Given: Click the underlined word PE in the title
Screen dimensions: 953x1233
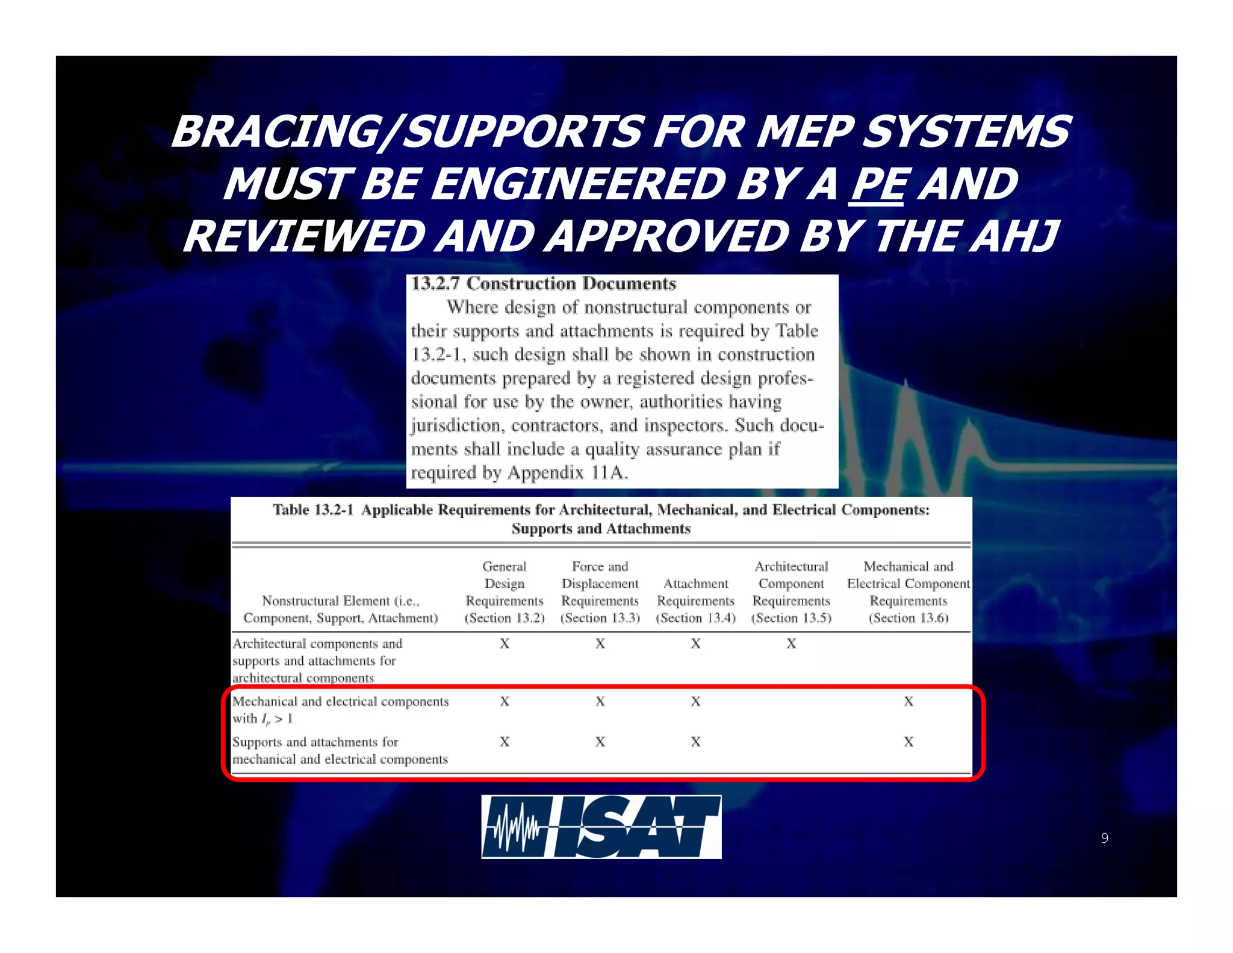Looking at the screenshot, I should [x=876, y=184].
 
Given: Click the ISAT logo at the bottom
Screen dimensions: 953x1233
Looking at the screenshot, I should [x=601, y=826].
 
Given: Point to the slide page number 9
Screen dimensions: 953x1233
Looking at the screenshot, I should [x=1104, y=838].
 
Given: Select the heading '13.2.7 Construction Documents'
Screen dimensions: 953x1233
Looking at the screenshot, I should [x=543, y=284].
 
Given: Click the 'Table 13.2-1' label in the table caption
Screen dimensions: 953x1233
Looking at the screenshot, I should [x=312, y=510].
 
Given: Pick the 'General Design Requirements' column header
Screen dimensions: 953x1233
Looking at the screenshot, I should [x=505, y=592].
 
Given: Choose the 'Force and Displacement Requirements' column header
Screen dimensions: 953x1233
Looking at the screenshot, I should [x=600, y=592].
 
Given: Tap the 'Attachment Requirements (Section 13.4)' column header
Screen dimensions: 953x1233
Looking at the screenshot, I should [x=695, y=601].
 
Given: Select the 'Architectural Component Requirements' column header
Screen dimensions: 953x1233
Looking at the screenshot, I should [x=791, y=592].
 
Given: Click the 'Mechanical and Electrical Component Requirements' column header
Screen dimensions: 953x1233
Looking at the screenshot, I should [x=908, y=592].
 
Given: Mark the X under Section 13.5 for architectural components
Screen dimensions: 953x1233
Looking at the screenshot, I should [x=791, y=644].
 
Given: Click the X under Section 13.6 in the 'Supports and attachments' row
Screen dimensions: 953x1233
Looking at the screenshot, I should [x=908, y=742].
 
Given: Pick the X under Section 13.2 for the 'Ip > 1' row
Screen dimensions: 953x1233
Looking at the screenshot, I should [x=505, y=702].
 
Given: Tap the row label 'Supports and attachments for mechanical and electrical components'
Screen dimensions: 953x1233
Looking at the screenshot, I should [x=340, y=751].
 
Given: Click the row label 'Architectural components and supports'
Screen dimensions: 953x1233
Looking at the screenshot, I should [x=317, y=661].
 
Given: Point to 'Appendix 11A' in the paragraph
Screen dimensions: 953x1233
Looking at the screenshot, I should [x=567, y=473].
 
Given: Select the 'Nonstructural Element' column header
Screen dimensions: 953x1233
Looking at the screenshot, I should [x=340, y=609].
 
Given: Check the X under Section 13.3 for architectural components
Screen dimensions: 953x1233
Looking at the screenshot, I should [x=600, y=644].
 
